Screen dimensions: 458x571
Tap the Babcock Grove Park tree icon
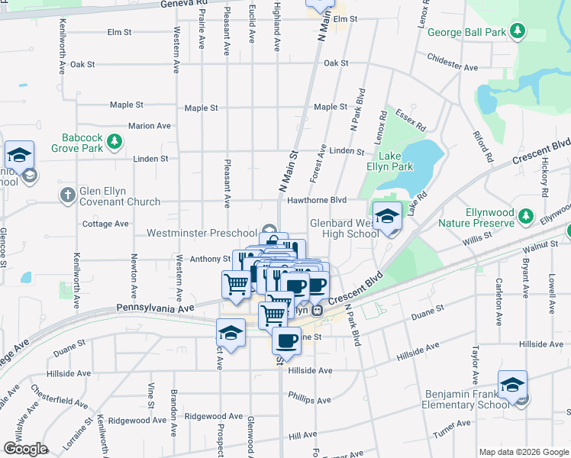pos(114,140)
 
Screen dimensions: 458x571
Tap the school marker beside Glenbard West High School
pos(387,216)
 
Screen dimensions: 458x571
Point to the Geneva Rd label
pos(184,4)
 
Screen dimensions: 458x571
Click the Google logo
pos(25,449)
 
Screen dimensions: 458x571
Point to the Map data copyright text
pos(523,452)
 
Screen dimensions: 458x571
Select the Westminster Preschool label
pos(202,233)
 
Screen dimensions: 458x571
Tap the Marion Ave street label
pos(149,126)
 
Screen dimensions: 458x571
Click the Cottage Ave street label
pos(105,224)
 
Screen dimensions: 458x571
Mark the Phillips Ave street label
pos(309,399)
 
